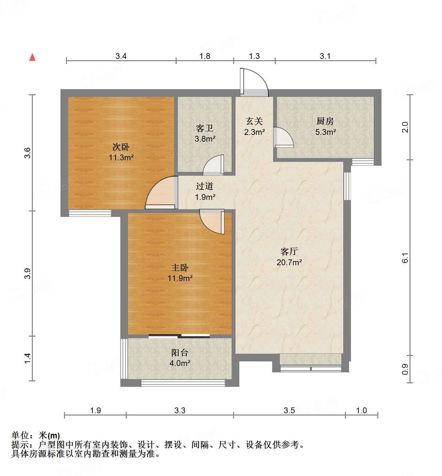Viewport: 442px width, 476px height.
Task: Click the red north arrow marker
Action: pyautogui.click(x=32, y=57)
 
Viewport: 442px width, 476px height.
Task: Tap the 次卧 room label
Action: pyautogui.click(x=121, y=147)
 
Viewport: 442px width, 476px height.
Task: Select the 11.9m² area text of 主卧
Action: pyautogui.click(x=180, y=278)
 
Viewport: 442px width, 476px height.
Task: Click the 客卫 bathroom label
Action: pyautogui.click(x=205, y=128)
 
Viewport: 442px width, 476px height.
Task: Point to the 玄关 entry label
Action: pyautogui.click(x=254, y=121)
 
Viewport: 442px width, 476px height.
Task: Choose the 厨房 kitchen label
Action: pyautogui.click(x=325, y=121)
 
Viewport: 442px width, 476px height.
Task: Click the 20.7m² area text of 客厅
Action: pyautogui.click(x=289, y=262)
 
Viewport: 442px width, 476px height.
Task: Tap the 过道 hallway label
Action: pyautogui.click(x=205, y=186)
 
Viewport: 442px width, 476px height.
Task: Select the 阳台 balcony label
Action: pyautogui.click(x=180, y=352)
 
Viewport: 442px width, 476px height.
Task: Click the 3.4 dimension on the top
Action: pyautogui.click(x=121, y=56)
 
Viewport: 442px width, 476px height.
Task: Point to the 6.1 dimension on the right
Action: pyautogui.click(x=405, y=258)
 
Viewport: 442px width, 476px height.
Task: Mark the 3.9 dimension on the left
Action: pyautogui.click(x=28, y=273)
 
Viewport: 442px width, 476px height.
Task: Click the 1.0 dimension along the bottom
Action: pyautogui.click(x=362, y=410)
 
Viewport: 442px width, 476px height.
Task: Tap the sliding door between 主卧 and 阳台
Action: pyautogui.click(x=179, y=336)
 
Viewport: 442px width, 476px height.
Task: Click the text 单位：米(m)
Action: pyautogui.click(x=36, y=435)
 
